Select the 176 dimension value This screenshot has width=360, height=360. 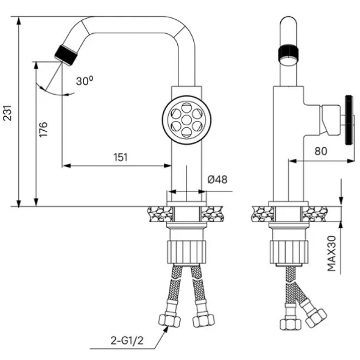pyautogui.click(x=44, y=130)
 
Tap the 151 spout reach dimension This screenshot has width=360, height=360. pyautogui.click(x=121, y=157)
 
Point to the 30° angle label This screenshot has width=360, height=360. pyautogui.click(x=84, y=81)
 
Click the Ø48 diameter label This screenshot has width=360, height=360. pyautogui.click(x=218, y=179)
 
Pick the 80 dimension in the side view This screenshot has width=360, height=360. pyautogui.click(x=322, y=151)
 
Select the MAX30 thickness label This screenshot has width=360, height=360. pyautogui.click(x=331, y=253)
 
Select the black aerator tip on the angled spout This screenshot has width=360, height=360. pyautogui.click(x=66, y=54)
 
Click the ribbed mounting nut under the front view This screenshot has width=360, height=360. pyautogui.click(x=187, y=250)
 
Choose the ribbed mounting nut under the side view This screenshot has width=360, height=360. pyautogui.click(x=288, y=250)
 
